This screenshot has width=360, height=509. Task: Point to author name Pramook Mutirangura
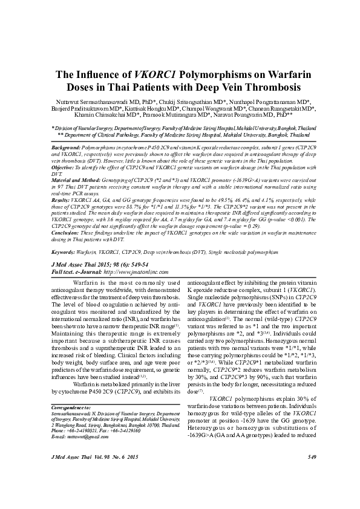(x=191, y=114)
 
